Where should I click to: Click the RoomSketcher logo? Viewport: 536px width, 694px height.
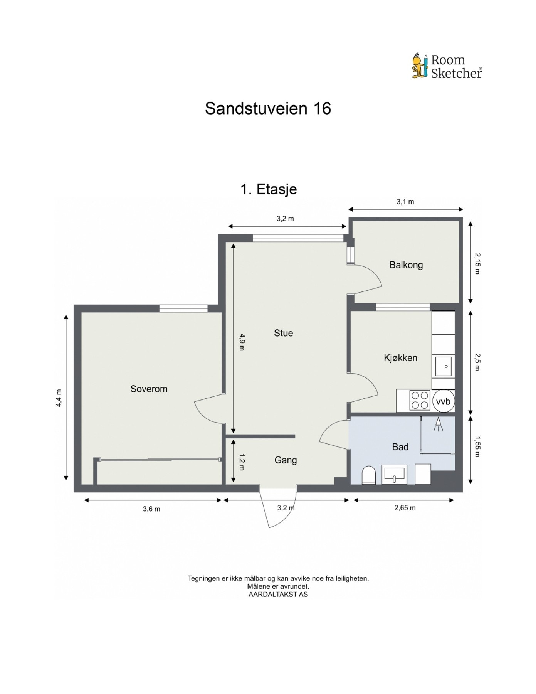tap(447, 66)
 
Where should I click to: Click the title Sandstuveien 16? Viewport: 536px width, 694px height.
tap(268, 109)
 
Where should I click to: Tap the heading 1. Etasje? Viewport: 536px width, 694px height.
tap(269, 189)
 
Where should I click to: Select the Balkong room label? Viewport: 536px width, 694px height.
tap(406, 265)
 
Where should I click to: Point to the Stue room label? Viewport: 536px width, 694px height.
tap(283, 333)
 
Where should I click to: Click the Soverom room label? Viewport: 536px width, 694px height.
tap(149, 389)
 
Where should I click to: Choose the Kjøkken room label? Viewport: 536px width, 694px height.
tap(400, 358)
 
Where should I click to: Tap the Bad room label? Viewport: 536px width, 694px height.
tap(400, 447)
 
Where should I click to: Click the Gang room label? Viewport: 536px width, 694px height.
tap(286, 460)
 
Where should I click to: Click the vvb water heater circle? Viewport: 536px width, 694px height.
tap(443, 401)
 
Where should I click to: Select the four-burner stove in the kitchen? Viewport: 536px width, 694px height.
tap(420, 400)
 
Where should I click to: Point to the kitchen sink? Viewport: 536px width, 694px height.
tap(444, 366)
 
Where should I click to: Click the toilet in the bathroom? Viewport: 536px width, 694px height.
tap(369, 475)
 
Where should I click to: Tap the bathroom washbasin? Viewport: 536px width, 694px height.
tap(394, 474)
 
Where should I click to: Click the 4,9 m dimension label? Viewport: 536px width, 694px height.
tap(242, 342)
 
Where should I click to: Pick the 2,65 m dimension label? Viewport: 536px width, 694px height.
tap(405, 508)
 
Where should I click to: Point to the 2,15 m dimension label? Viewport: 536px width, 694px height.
tap(477, 263)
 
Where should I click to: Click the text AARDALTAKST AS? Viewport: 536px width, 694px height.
tap(278, 594)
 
